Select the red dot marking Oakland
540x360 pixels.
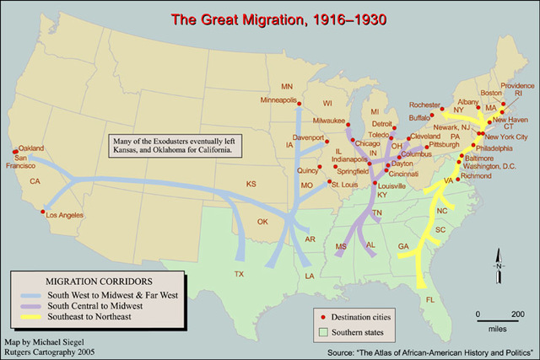tap(13, 153)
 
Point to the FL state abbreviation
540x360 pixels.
tap(430, 300)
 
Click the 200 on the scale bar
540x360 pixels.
tap(516, 314)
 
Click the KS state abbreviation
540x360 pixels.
tap(251, 184)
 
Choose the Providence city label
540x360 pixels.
tap(517, 85)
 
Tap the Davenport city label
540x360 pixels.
tap(309, 137)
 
